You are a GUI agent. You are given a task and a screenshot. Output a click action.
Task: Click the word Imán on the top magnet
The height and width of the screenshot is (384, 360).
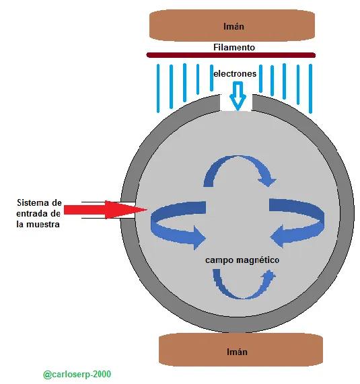point(233,26)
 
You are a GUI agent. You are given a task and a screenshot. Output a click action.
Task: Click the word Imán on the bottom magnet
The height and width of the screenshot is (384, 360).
point(237,352)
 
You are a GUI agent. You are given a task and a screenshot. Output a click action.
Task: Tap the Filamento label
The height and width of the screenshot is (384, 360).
point(234,47)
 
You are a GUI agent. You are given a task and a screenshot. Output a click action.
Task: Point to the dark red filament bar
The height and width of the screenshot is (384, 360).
point(231,55)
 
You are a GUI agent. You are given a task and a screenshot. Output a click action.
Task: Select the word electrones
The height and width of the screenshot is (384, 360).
point(235,73)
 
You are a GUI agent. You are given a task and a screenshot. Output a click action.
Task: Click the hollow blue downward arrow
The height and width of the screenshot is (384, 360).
point(238,96)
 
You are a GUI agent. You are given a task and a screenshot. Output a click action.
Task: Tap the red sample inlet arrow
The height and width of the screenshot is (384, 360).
point(106,210)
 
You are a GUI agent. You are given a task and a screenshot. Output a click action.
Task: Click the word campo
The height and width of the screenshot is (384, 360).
point(219,260)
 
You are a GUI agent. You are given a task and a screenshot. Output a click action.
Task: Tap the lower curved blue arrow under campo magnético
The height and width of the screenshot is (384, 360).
point(243,297)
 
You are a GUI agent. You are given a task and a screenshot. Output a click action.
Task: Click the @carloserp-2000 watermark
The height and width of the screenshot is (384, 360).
point(77,375)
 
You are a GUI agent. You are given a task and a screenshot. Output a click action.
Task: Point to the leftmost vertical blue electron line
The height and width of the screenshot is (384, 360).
point(158,88)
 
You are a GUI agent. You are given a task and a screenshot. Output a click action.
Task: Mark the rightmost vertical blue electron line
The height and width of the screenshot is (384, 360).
point(310,89)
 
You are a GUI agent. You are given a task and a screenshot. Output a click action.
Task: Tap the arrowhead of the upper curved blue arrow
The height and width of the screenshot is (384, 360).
point(268,180)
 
